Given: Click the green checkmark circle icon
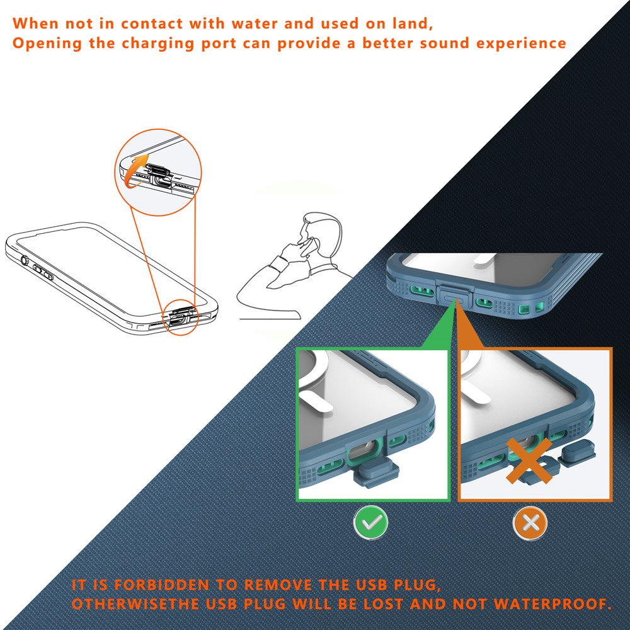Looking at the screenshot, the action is (x=370, y=523).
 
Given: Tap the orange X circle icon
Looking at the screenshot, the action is (x=530, y=523).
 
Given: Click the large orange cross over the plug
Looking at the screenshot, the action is (x=529, y=460).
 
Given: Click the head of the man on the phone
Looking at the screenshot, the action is (x=321, y=231).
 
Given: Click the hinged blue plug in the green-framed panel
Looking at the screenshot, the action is (x=375, y=474).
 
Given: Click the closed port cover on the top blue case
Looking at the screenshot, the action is (x=453, y=295).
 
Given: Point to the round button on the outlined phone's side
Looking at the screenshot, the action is (x=25, y=260).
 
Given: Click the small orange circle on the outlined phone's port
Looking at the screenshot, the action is (x=180, y=317).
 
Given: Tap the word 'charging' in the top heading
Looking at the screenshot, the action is (x=158, y=43).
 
